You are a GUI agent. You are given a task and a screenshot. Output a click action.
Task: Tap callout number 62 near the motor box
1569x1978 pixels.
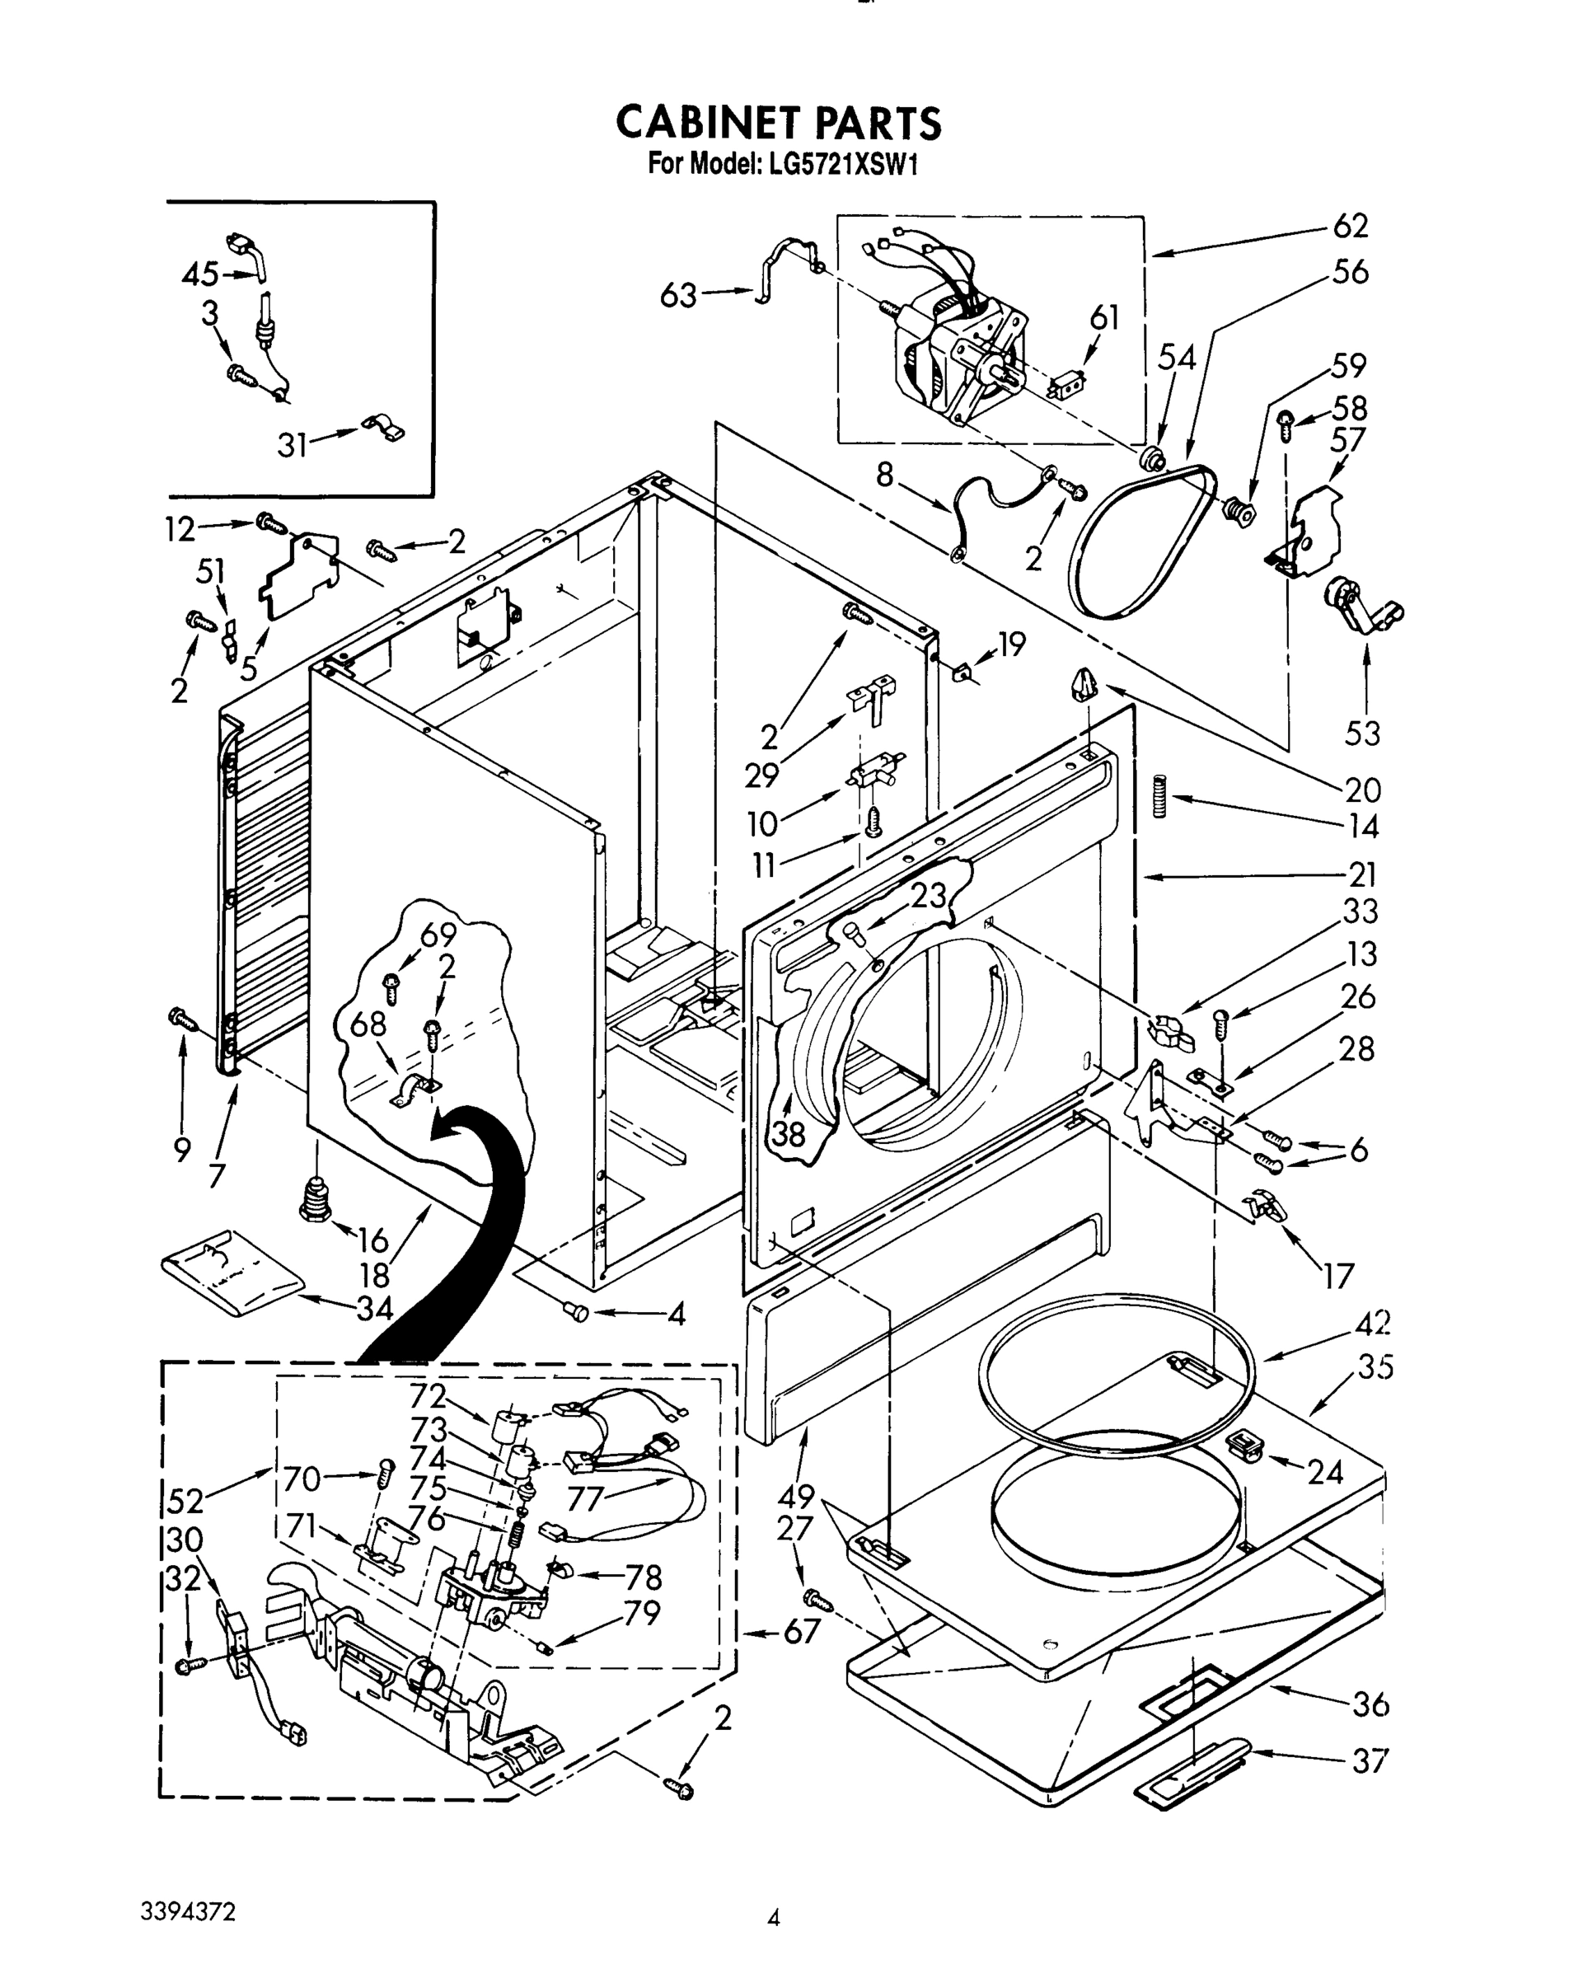(x=1350, y=226)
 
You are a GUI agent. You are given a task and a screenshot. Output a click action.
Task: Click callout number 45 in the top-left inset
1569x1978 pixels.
(x=200, y=274)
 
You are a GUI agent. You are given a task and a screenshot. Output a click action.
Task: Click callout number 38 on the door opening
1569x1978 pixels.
(x=788, y=1134)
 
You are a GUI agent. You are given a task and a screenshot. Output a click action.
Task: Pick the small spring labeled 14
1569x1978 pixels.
(x=1159, y=795)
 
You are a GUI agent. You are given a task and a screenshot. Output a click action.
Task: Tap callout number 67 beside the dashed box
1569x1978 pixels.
(x=801, y=1631)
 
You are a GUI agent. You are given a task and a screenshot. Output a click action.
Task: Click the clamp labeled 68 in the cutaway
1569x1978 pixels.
(x=414, y=1092)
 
